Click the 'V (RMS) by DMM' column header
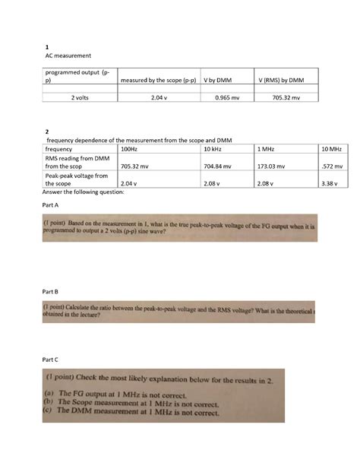281,79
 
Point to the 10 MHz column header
330,150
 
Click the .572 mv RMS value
332,166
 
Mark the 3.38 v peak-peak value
331,183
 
